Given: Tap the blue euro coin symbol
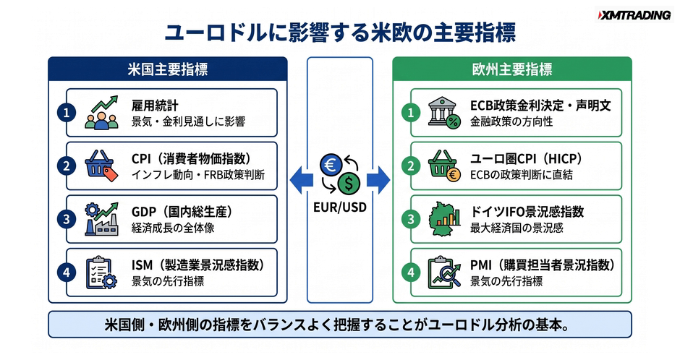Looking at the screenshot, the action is (x=331, y=166).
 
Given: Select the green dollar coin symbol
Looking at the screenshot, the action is (x=349, y=183).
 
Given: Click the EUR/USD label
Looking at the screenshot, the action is (x=340, y=207).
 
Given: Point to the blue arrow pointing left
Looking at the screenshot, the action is (x=301, y=180).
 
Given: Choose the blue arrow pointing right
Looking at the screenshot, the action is (x=378, y=180).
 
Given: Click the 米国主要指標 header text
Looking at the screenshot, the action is (x=168, y=69).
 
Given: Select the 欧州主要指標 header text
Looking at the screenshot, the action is (x=512, y=69).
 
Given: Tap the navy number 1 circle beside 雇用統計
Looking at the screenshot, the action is (x=67, y=113).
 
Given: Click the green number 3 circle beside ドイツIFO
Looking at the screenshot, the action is (x=411, y=219).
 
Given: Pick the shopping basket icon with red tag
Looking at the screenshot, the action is (x=101, y=166).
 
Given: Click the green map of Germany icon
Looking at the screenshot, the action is (x=444, y=219).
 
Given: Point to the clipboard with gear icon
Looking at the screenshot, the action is (x=101, y=273).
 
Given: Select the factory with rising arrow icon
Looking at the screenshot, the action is (x=101, y=219).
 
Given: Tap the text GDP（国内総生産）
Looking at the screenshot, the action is (x=182, y=212).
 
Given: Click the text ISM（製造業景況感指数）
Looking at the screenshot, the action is (x=198, y=265).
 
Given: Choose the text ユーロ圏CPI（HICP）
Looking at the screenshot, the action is (x=527, y=159).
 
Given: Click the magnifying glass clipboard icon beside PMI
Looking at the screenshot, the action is (x=444, y=273).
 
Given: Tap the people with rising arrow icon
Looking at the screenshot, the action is (x=101, y=113).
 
